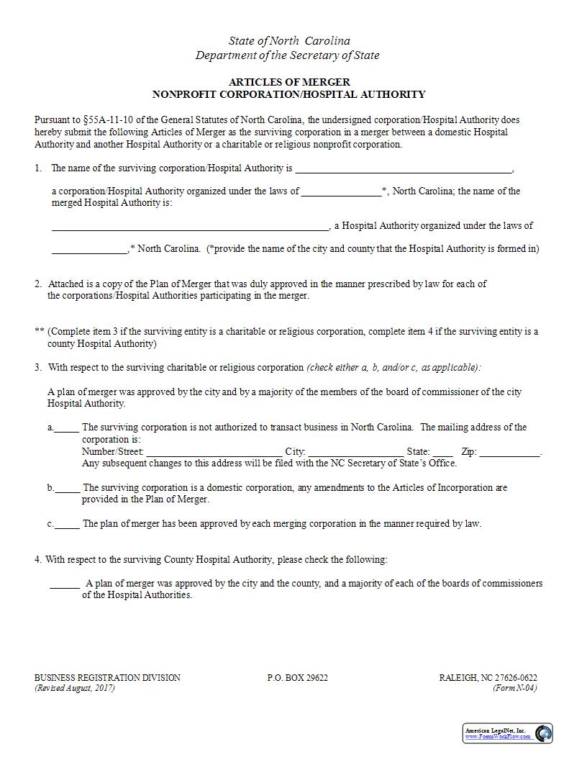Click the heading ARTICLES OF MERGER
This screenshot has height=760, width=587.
(289, 82)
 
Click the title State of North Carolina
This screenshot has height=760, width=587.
(289, 41)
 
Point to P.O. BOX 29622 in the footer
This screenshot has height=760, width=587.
(297, 678)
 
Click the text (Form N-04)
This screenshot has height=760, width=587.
(514, 688)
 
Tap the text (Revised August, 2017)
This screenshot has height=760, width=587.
(75, 688)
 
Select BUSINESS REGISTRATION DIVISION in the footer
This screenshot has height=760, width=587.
(107, 678)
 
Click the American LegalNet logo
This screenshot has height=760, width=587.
(507, 733)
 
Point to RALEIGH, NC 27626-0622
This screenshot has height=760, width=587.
(488, 678)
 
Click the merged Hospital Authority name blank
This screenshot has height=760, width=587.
(190, 227)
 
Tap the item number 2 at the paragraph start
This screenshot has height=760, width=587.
(37, 284)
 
